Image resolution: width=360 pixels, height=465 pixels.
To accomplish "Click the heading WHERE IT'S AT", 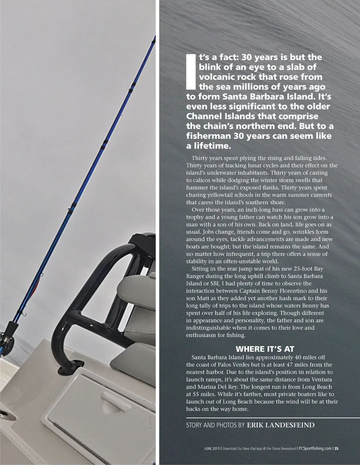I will tap(264, 349).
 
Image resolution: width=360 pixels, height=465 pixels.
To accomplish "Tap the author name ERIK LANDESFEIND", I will tap(281, 425).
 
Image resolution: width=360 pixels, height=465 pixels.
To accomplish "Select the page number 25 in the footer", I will tap(336, 448).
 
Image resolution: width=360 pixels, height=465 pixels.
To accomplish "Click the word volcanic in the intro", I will tap(217, 77).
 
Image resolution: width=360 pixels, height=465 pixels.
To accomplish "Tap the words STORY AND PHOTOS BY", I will tap(215, 425).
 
